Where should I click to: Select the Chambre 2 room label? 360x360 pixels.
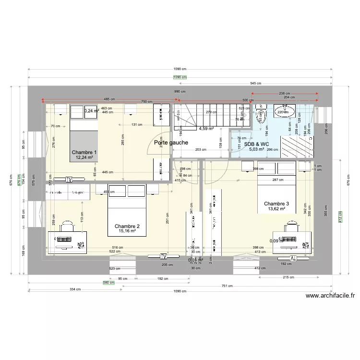(x=127, y=226)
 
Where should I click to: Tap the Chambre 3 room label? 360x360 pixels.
(x=276, y=204)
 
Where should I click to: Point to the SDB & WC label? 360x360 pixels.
(x=256, y=144)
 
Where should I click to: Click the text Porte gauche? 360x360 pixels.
(x=171, y=143)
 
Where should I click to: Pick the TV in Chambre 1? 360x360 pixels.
(x=69, y=180)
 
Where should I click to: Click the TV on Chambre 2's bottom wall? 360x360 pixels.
(x=163, y=256)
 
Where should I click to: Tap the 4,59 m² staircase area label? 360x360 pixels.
(x=206, y=129)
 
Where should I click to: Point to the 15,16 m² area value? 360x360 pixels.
(x=127, y=231)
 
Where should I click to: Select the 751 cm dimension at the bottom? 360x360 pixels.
(x=228, y=286)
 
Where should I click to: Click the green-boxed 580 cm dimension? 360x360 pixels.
(x=108, y=283)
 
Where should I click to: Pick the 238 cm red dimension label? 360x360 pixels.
(x=285, y=94)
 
